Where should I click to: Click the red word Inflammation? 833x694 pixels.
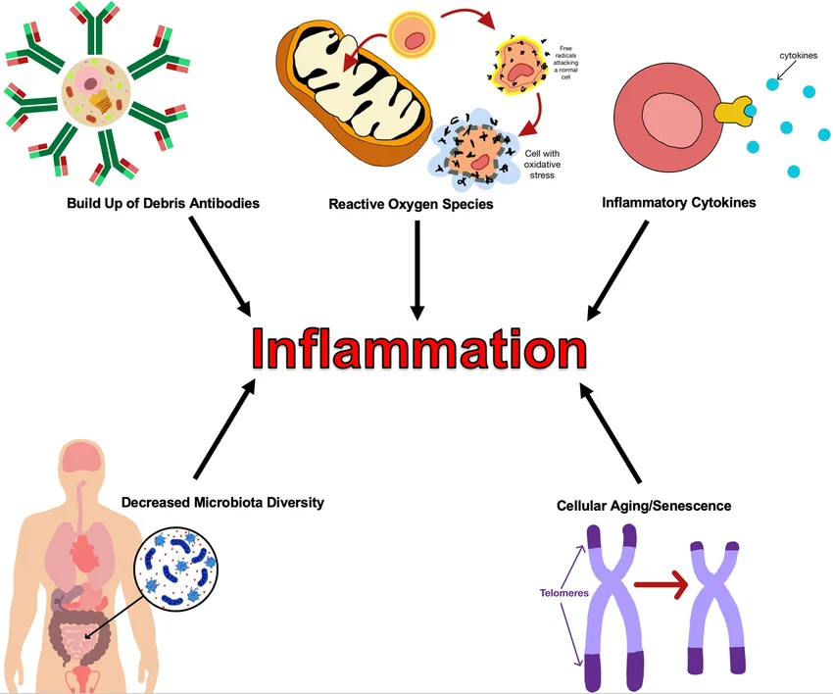pos(416,349)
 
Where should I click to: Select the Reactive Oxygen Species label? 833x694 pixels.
pos(411,204)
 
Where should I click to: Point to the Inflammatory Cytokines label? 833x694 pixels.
pos(671,204)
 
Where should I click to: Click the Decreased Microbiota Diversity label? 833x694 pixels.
pos(222,502)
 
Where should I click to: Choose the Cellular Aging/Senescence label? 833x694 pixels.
pos(644,506)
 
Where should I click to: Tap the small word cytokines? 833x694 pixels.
pos(798,55)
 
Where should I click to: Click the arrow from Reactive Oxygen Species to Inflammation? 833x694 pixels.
pos(417,269)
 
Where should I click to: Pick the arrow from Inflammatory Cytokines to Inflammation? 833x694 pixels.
pos(616,270)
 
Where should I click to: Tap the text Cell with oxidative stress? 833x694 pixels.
pos(555,164)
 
